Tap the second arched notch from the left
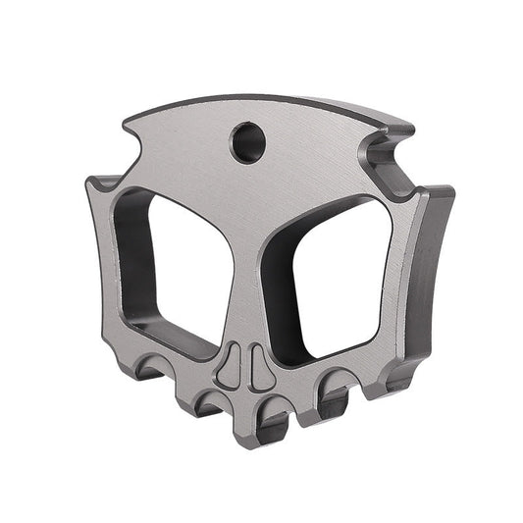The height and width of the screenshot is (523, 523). point(207,403)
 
